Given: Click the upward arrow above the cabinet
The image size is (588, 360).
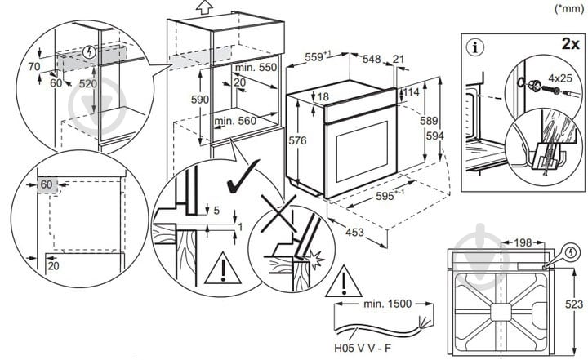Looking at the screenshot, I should point(205,7).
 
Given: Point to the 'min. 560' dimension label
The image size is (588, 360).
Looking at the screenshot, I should point(236,121).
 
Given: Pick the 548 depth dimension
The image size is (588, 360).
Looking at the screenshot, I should point(372,59).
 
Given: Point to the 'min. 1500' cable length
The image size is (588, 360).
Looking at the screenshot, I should point(386,304).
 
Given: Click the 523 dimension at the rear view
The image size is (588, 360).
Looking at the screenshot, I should point(575,304).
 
